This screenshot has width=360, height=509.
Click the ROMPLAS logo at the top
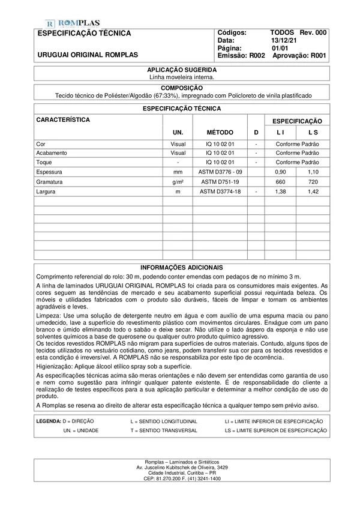click(x=73, y=22)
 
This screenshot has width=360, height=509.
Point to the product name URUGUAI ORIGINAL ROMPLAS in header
click(x=88, y=55)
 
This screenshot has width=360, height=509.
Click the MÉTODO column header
click(x=220, y=131)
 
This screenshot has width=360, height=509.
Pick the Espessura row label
click(x=50, y=172)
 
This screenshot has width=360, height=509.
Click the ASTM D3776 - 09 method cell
click(x=220, y=172)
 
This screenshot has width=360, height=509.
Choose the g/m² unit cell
click(x=178, y=181)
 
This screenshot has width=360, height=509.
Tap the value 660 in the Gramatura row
click(x=280, y=181)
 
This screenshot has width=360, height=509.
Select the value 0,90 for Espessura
click(x=280, y=172)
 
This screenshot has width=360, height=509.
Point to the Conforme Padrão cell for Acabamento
click(x=297, y=153)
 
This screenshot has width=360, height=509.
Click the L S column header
click(x=313, y=131)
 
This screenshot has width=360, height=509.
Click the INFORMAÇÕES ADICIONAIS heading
click(x=181, y=267)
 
